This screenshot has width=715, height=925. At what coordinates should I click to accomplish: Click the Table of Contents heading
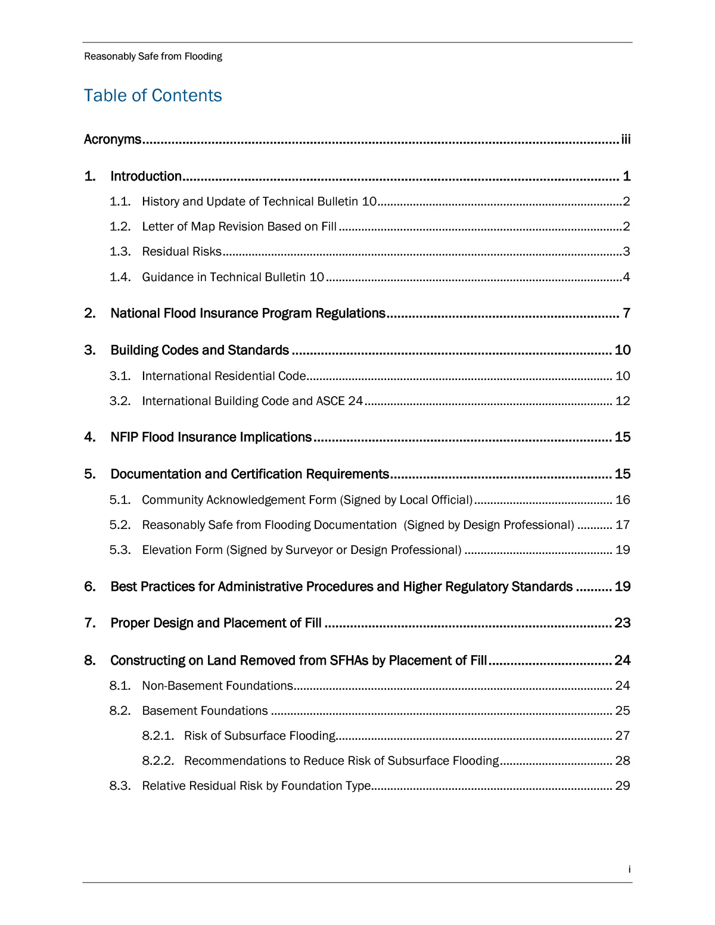pyautogui.click(x=153, y=95)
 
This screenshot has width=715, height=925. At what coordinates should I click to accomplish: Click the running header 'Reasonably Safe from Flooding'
pyautogui.click(x=153, y=57)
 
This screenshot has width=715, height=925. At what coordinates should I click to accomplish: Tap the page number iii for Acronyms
pyautogui.click(x=626, y=139)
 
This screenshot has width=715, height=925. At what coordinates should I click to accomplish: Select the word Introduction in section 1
pyautogui.click(x=146, y=176)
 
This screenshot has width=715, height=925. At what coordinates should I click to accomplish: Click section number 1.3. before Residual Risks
pyautogui.click(x=120, y=251)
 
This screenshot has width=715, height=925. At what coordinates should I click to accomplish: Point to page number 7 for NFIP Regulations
pyautogui.click(x=626, y=313)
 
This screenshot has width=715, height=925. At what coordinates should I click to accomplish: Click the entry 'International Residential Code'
pyautogui.click(x=224, y=376)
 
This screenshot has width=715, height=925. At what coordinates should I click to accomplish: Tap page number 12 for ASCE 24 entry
pyautogui.click(x=623, y=401)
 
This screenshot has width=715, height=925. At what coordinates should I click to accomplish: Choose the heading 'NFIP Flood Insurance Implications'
pyautogui.click(x=211, y=437)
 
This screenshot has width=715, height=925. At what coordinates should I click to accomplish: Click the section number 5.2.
pyautogui.click(x=120, y=525)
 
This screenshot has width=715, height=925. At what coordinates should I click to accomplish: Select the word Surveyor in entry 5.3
pyautogui.click(x=309, y=550)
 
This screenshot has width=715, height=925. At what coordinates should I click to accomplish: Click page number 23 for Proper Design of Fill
pyautogui.click(x=623, y=623)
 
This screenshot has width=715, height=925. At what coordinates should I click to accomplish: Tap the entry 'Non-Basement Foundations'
pyautogui.click(x=217, y=686)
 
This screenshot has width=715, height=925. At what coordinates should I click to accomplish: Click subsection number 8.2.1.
pyautogui.click(x=158, y=736)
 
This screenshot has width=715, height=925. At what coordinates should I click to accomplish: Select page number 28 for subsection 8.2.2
pyautogui.click(x=623, y=761)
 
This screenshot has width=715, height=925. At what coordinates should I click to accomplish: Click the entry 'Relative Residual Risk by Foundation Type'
pyautogui.click(x=256, y=786)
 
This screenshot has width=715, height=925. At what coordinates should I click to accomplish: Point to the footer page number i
pyautogui.click(x=629, y=870)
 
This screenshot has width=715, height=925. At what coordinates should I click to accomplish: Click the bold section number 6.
pyautogui.click(x=89, y=587)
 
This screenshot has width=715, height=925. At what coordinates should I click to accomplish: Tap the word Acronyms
pyautogui.click(x=113, y=139)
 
